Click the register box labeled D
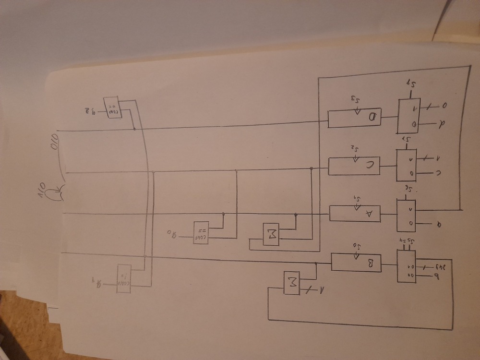[354, 119]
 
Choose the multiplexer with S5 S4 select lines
[407, 266]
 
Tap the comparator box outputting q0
[200, 232]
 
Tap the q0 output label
[172, 235]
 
